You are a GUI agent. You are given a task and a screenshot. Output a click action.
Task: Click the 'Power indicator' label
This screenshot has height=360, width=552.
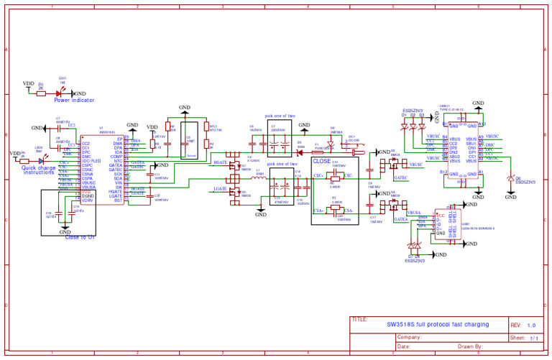(x=74, y=101)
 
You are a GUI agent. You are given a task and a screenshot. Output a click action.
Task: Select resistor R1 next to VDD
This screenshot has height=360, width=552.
(x=41, y=93)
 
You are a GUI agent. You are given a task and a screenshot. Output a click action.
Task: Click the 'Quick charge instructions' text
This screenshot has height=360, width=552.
(x=39, y=170)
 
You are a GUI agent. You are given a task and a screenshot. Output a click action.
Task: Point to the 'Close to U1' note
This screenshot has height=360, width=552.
(x=80, y=237)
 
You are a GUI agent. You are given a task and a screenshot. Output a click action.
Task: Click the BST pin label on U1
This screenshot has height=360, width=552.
(x=118, y=200)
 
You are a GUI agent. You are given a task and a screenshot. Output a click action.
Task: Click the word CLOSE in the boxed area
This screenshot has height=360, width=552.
(x=321, y=161)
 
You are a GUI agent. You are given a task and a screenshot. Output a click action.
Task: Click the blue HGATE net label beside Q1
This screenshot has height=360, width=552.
(x=221, y=163)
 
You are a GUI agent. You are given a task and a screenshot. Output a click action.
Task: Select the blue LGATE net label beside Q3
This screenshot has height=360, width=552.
(x=221, y=188)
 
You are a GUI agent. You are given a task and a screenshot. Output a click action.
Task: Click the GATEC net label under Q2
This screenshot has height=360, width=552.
(x=401, y=177)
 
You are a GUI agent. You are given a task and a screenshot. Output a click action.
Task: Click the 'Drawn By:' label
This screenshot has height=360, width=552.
(x=471, y=346)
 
